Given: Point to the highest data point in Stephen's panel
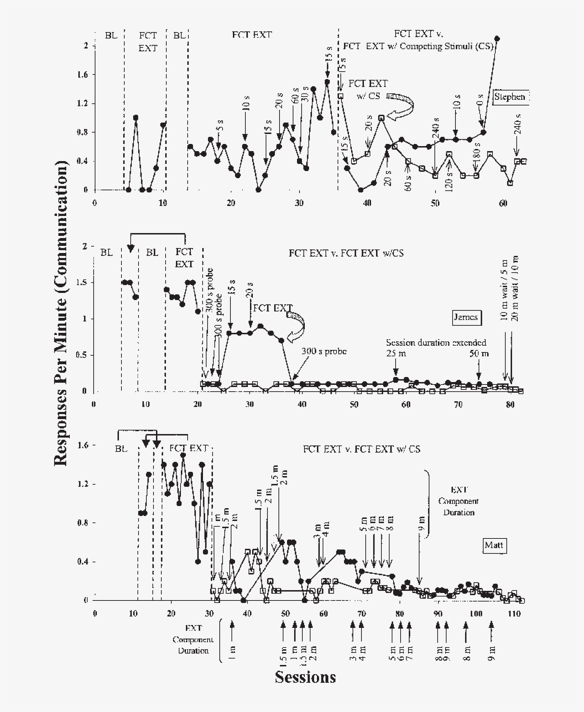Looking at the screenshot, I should pyautogui.click(x=497, y=38).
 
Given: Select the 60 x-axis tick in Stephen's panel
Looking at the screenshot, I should pyautogui.click(x=503, y=204).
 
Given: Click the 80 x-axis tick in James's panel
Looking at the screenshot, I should pyautogui.click(x=510, y=404).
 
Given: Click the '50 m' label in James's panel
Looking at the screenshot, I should pyautogui.click(x=479, y=354).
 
